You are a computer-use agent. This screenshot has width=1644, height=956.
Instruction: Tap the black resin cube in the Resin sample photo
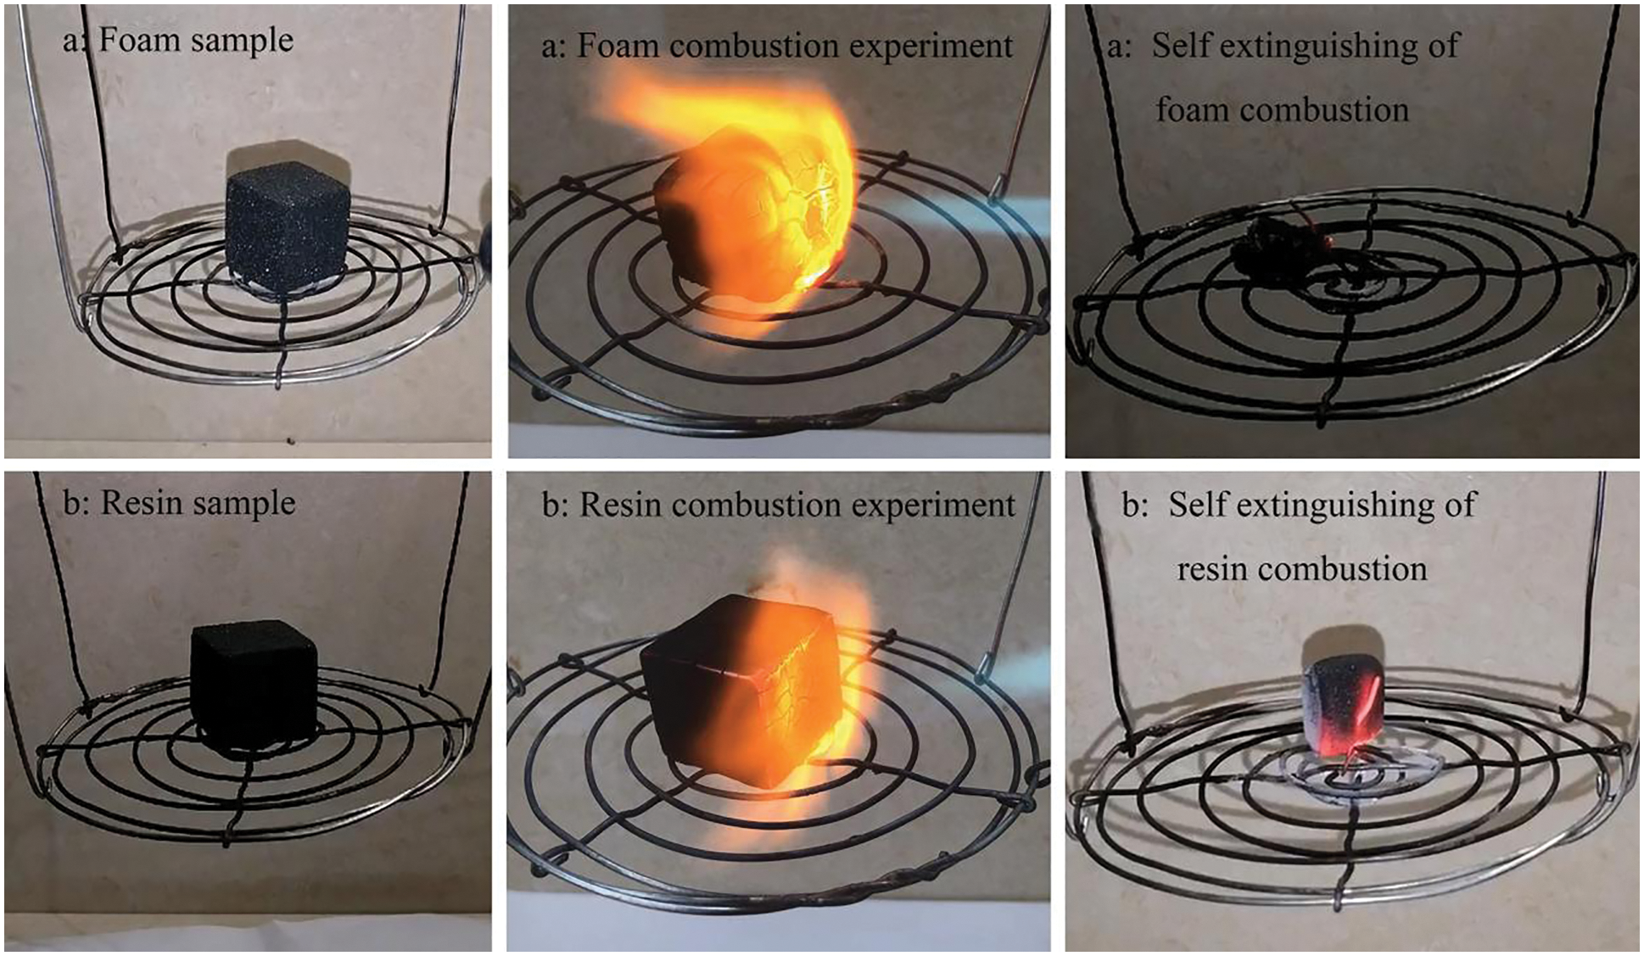coord(253,686)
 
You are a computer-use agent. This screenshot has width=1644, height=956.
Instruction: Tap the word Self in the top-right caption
coord(1180,45)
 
